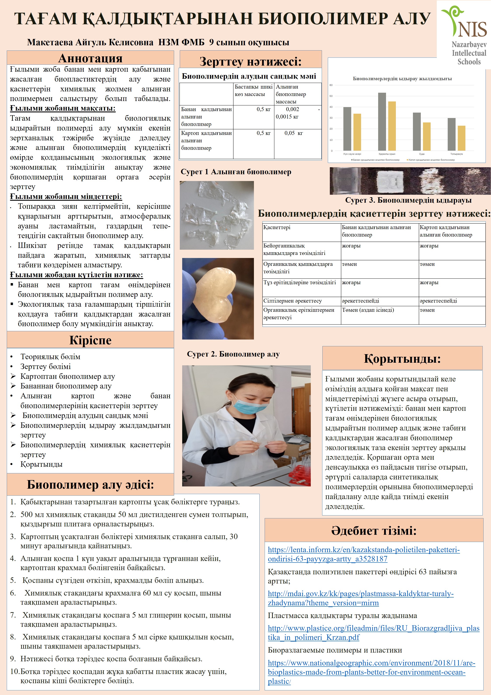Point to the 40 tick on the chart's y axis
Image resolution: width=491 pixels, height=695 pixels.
click(x=331, y=107)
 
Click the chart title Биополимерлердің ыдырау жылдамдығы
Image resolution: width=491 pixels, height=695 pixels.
click(x=402, y=79)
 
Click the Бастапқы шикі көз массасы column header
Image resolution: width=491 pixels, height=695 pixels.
click(x=253, y=91)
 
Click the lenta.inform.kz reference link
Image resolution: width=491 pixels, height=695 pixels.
click(x=363, y=554)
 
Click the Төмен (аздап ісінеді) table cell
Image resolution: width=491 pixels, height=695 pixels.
click(x=367, y=310)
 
